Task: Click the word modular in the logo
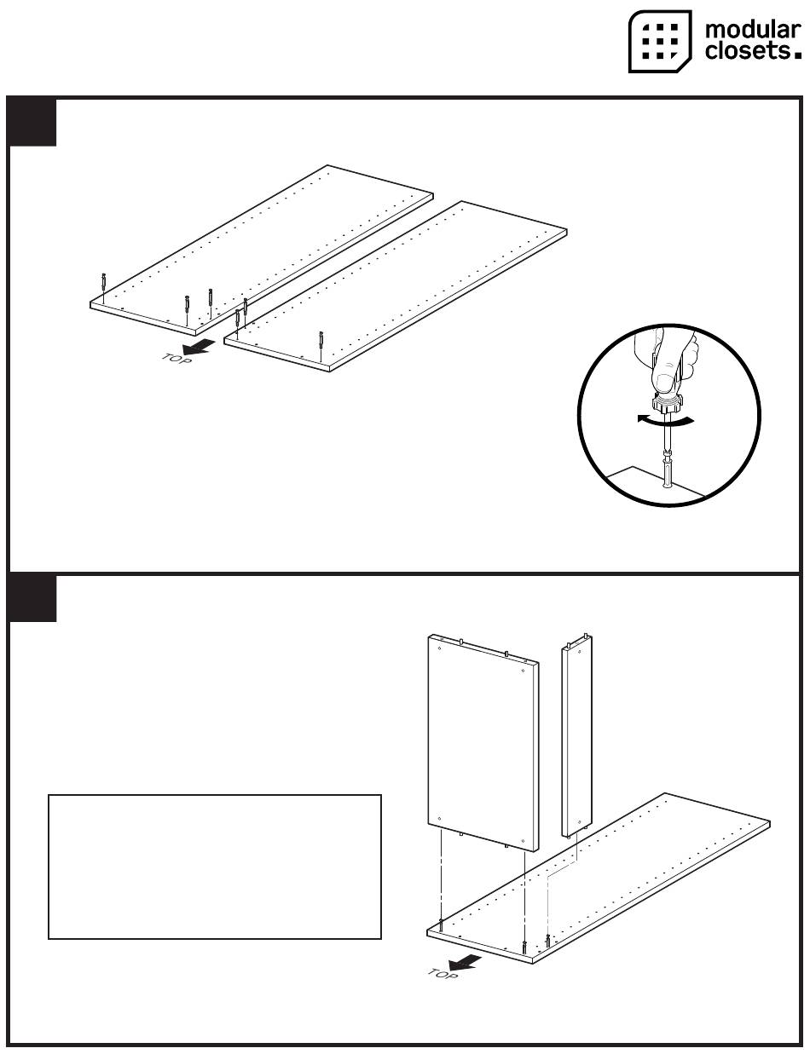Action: point(753,31)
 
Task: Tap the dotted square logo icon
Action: point(660,42)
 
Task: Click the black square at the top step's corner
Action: point(32,122)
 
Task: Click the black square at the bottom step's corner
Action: point(32,598)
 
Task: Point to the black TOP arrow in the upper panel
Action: point(199,346)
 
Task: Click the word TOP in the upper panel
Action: point(176,360)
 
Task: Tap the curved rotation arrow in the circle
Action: point(666,422)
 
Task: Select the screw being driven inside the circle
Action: point(668,470)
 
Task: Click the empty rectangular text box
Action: point(215,867)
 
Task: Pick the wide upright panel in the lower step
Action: point(483,743)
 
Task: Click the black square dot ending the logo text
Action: point(797,55)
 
